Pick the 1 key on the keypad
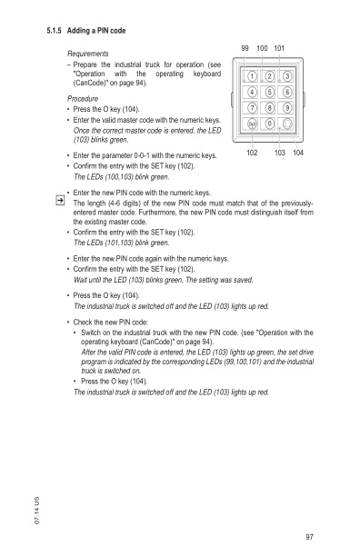tap(252, 75)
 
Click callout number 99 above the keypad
tap(246, 47)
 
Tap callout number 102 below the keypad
tap(254, 154)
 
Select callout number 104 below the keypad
tap(297, 154)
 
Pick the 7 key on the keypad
tap(252, 108)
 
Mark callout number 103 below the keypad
tap(278, 154)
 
